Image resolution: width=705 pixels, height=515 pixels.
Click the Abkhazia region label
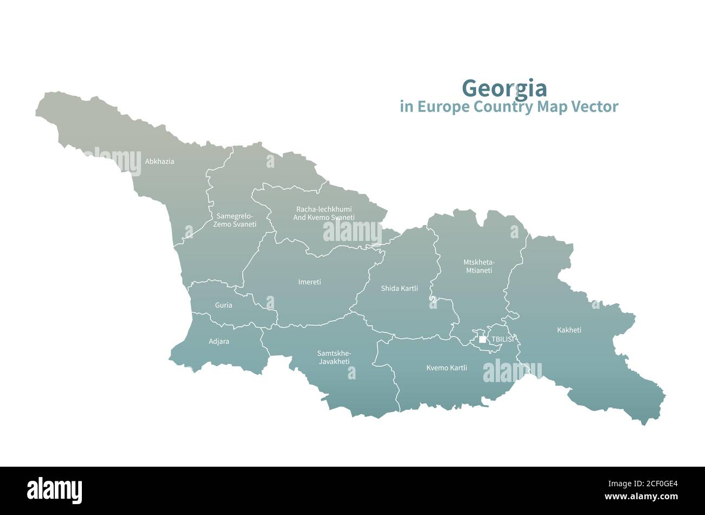click(159, 161)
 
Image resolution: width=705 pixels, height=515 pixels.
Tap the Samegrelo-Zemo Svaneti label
click(235, 220)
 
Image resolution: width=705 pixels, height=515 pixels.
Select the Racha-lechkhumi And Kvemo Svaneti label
click(324, 213)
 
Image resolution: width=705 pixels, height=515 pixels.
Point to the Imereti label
click(310, 282)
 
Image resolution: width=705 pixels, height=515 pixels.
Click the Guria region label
click(223, 305)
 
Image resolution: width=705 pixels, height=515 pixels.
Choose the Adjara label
click(219, 341)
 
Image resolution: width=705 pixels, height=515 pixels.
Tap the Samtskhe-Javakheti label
click(334, 357)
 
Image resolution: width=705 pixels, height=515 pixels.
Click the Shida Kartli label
click(399, 288)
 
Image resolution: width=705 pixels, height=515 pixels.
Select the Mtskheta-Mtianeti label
click(479, 266)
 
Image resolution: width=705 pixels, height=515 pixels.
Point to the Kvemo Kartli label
click(446, 367)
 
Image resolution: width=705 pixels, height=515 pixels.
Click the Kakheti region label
click(569, 329)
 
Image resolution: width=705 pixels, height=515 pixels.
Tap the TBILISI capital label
click(502, 340)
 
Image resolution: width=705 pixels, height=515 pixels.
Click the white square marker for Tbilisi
click(483, 340)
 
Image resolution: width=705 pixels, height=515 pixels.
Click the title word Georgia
click(504, 88)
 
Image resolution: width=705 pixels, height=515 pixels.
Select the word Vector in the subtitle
click(594, 107)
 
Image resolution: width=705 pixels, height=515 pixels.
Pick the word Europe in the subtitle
click(441, 107)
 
